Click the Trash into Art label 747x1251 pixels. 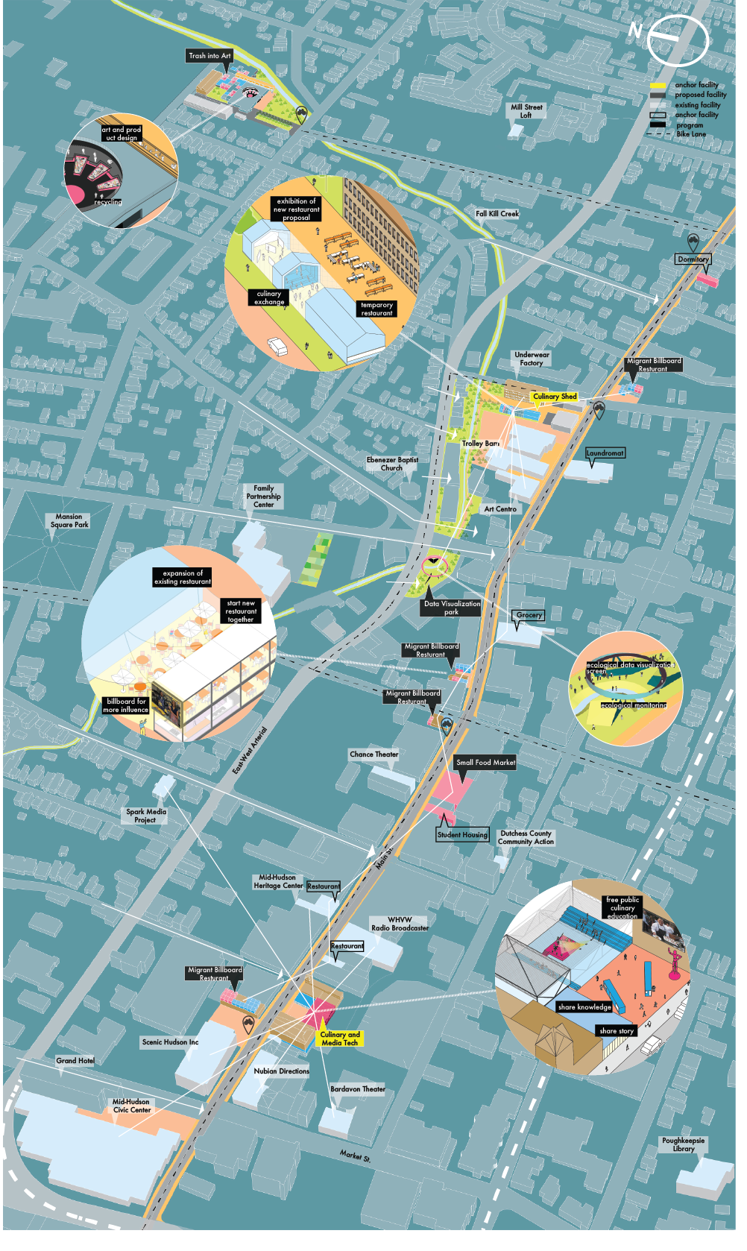tap(210, 56)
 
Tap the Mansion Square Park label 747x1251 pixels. tap(70, 521)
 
